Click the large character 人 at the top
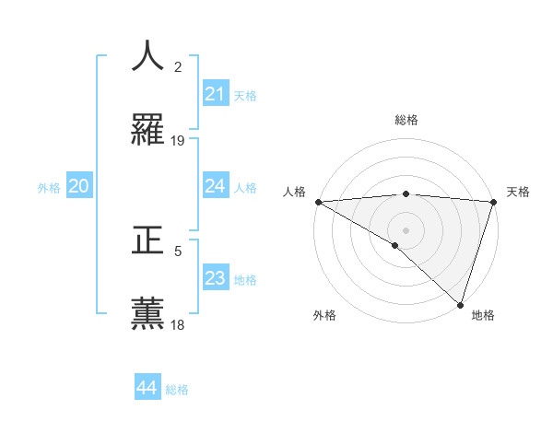[x=147, y=56]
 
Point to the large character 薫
[x=147, y=314]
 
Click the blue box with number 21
[x=215, y=94]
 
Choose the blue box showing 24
[x=215, y=186]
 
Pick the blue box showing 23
[x=215, y=278]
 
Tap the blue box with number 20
[x=78, y=186]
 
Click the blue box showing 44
[x=147, y=388]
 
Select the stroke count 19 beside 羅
[x=178, y=141]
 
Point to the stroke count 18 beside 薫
[x=178, y=325]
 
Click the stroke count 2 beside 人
[x=178, y=67]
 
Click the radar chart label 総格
[x=406, y=120]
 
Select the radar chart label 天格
[x=518, y=192]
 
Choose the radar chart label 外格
[x=324, y=315]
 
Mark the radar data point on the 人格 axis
[x=318, y=202]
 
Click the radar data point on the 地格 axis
[x=460, y=304]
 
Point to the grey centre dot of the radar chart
[x=406, y=229]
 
